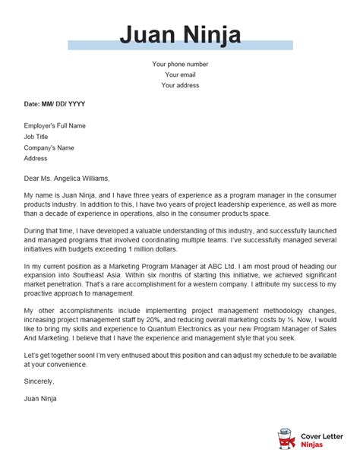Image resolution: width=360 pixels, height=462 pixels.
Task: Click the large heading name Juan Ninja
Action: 180,36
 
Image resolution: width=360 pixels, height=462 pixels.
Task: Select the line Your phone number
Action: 180,64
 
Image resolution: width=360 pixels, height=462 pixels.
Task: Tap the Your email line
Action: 180,74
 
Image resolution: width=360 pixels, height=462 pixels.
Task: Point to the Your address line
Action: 180,85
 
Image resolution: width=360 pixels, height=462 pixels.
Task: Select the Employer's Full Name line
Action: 55,125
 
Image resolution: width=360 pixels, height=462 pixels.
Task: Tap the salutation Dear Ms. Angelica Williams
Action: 67,179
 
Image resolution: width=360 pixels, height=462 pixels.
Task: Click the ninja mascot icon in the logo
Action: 286,440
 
